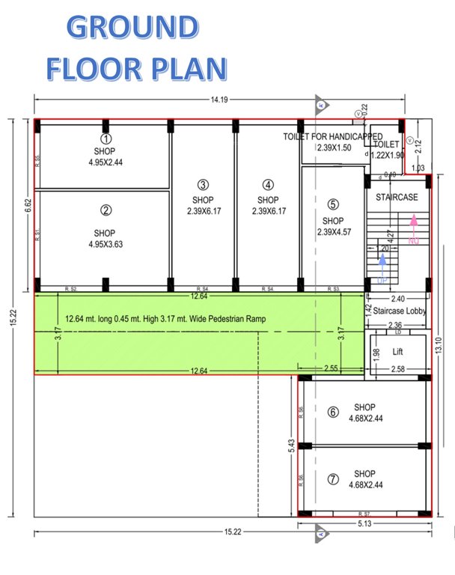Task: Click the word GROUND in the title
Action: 132,27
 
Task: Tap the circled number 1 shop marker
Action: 106,139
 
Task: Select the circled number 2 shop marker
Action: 106,210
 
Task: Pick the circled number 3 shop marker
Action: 203,185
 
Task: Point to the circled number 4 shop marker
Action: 268,185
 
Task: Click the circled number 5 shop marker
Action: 333,204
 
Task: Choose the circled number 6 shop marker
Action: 333,412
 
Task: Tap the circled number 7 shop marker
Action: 333,479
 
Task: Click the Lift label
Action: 399,351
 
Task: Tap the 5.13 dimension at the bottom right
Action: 365,524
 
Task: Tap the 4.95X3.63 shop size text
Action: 106,243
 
